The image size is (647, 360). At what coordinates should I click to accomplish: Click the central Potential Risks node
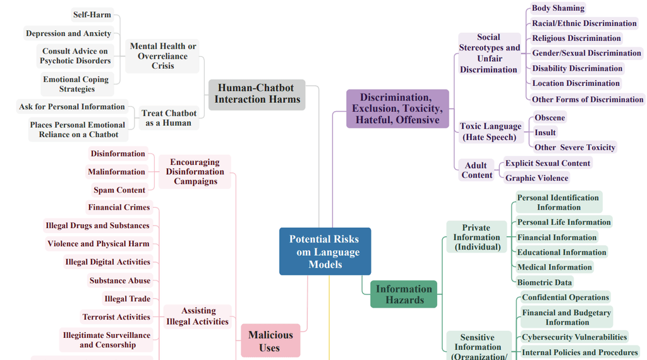click(325, 251)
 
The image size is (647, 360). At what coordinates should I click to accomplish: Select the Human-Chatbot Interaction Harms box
click(257, 94)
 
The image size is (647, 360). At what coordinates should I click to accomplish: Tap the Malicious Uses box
click(270, 340)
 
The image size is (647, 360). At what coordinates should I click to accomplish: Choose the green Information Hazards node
click(404, 294)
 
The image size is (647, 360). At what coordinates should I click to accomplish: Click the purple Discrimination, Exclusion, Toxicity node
click(397, 109)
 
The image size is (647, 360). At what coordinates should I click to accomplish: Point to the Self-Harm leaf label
click(92, 15)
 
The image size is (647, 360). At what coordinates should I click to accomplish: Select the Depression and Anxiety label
click(68, 33)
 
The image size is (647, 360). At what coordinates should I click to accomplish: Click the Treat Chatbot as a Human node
click(169, 118)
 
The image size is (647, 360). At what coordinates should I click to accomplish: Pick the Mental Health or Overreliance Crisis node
click(163, 56)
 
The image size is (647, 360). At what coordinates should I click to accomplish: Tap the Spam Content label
click(119, 190)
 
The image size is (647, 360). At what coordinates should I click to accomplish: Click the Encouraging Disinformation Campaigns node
click(195, 172)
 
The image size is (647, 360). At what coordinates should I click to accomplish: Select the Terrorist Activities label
click(116, 317)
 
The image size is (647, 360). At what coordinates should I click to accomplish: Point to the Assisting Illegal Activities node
click(198, 316)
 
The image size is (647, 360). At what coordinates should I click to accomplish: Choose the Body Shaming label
click(558, 8)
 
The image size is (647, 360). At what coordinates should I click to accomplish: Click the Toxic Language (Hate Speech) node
click(490, 131)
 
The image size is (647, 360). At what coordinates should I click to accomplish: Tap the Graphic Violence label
click(537, 178)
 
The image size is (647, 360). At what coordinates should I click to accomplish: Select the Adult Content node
click(476, 170)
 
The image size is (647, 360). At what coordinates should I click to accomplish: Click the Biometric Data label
click(545, 282)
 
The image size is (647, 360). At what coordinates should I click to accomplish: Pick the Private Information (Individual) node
click(477, 237)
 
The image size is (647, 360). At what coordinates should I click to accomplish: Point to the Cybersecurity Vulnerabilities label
click(574, 337)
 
